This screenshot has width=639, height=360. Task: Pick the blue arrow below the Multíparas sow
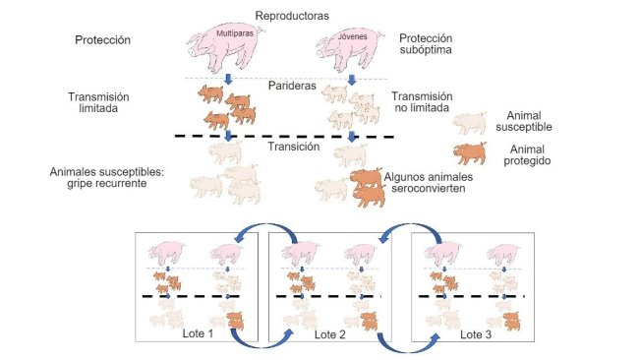click(228, 79)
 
